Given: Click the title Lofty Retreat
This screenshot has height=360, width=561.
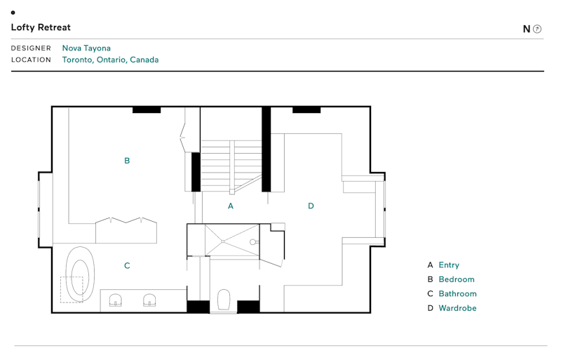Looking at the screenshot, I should [x=41, y=27].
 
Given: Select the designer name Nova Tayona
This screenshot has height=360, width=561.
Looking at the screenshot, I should [x=86, y=48].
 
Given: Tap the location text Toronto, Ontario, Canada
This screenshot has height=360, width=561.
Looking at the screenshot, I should [x=110, y=60].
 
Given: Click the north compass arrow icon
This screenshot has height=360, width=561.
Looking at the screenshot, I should [x=537, y=29].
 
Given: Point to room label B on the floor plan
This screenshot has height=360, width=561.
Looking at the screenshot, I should [x=127, y=161].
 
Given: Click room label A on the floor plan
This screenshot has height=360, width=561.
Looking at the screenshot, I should [x=231, y=206].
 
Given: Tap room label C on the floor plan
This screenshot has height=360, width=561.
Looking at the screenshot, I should [x=127, y=266].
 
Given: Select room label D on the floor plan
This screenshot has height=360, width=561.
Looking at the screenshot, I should [x=311, y=206].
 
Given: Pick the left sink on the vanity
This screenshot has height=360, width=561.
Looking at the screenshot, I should [x=116, y=300].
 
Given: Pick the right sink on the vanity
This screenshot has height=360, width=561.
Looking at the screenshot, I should [x=149, y=300].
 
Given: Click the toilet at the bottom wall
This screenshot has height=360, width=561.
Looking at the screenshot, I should [x=224, y=300].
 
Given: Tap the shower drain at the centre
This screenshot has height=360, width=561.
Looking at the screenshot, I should [x=222, y=241].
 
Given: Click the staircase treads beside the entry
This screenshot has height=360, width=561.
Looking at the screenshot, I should [x=231, y=165].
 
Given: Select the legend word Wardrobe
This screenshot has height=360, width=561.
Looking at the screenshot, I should [x=457, y=308].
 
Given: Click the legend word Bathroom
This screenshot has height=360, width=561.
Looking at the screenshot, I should [x=457, y=293].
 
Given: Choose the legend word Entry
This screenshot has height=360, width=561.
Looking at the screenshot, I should [x=449, y=265].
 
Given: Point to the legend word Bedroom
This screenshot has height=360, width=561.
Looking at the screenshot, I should [x=457, y=279].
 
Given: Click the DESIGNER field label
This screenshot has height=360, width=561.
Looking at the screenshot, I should [x=31, y=48].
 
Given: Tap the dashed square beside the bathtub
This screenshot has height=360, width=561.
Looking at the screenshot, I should [x=72, y=289].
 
